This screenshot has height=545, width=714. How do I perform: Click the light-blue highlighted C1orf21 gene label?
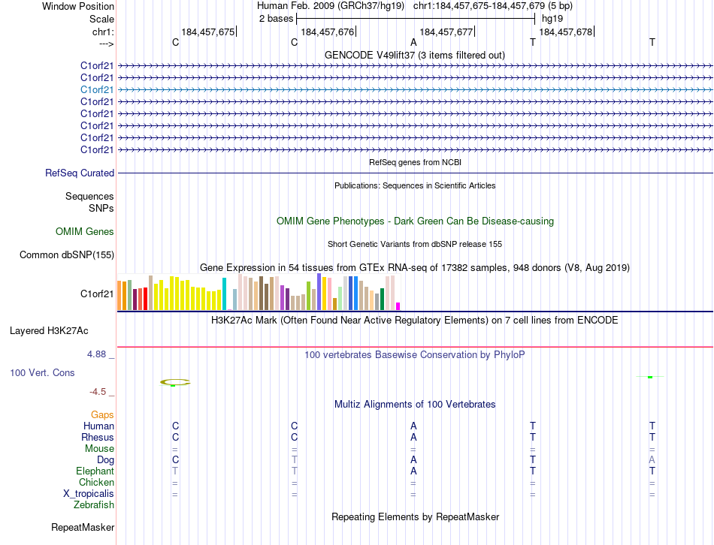pos(98,89)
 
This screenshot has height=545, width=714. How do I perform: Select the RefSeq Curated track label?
pos(80,173)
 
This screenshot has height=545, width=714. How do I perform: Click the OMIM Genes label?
pos(85,232)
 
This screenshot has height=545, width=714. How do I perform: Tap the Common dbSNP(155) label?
pos(67,254)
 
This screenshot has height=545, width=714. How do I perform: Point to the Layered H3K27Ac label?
pos(49,330)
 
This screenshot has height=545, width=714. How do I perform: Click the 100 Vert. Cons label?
pos(43,372)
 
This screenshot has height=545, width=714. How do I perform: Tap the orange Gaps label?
pos(102,414)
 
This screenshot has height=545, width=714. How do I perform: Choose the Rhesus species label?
pos(98,437)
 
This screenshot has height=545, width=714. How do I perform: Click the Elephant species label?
pos(95,471)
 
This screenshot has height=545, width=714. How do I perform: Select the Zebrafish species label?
pos(94,504)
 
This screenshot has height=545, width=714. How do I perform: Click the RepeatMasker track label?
pos(83,528)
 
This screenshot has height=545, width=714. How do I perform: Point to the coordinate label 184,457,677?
pos(446,32)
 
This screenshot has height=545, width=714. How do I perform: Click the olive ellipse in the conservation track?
pos(175,382)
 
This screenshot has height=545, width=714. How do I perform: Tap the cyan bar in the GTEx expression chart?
pos(225,294)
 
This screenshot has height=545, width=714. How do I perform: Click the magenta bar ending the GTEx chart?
pos(398,306)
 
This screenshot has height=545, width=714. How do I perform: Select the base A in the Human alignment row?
pos(413,426)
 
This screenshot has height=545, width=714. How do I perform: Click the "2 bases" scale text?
pos(274,18)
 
